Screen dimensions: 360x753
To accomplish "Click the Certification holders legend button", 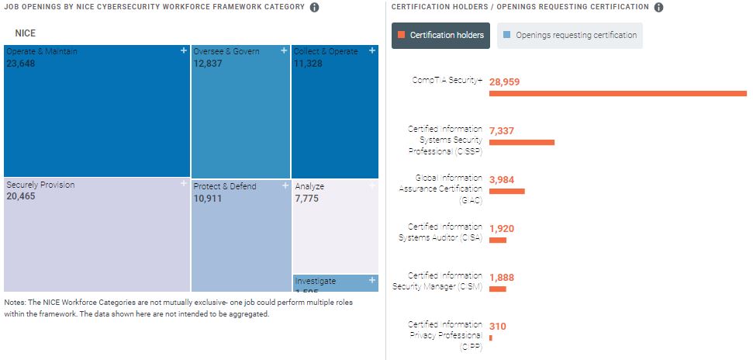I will [x=440, y=35].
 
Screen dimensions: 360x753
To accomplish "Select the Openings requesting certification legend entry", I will [x=569, y=35].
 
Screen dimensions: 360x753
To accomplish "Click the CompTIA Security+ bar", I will [x=617, y=94].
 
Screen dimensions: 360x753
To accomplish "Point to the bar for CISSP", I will [x=521, y=143].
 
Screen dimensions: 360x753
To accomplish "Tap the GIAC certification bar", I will [x=506, y=191].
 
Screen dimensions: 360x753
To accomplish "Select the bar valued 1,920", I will [x=497, y=241].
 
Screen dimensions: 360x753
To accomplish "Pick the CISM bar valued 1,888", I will [x=497, y=289].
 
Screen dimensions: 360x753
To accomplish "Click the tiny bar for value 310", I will [x=491, y=338].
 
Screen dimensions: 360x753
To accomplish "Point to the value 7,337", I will [x=502, y=130].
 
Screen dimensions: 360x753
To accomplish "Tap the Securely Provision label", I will [x=40, y=185].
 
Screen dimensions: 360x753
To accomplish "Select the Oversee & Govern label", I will [x=226, y=51].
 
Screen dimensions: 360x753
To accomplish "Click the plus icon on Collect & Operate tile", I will [x=372, y=50].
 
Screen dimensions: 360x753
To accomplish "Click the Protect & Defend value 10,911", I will [x=209, y=199].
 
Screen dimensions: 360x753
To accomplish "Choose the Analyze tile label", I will [x=309, y=186].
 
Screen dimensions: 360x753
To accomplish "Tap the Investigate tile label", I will [x=315, y=281].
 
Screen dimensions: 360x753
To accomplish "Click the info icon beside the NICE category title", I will [x=314, y=7].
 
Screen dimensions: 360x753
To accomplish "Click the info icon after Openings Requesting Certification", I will [x=658, y=7].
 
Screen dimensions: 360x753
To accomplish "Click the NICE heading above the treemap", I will [x=26, y=34].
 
